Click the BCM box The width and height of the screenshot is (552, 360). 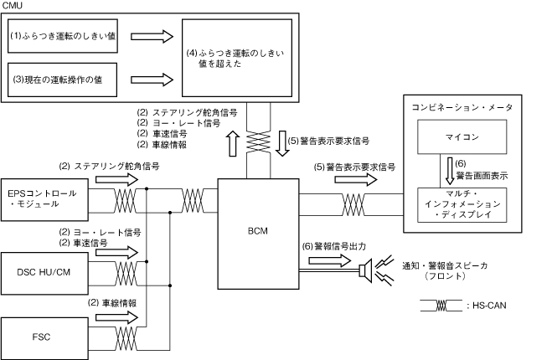tap(258, 234)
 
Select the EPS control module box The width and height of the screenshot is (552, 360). tap(44, 199)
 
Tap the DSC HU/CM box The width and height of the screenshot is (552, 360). tap(44, 273)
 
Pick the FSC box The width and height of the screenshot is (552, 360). tap(44, 338)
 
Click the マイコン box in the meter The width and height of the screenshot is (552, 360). tap(462, 137)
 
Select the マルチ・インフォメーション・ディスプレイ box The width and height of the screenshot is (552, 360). tap(462, 205)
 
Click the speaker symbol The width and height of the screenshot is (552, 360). tap(366, 270)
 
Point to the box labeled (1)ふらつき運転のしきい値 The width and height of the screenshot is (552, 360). tap(63, 36)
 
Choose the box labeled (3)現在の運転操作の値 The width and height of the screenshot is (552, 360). tap(62, 80)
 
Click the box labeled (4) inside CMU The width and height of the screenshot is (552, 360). tap(237, 58)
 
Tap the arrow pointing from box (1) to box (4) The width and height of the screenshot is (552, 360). tap(152, 36)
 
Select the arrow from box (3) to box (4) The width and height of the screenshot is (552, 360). tap(152, 80)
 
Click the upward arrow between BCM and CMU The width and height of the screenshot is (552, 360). tap(233, 143)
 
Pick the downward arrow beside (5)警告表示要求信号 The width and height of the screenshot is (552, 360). tap(282, 143)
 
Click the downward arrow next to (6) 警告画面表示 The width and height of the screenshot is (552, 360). tap(450, 171)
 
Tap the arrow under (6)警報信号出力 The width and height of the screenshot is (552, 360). tap(329, 260)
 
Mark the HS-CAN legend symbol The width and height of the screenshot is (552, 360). tap(441, 306)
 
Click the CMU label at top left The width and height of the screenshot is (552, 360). tap(12, 5)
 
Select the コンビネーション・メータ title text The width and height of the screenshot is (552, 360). tap(462, 107)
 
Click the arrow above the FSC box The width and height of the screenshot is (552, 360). tap(117, 317)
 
